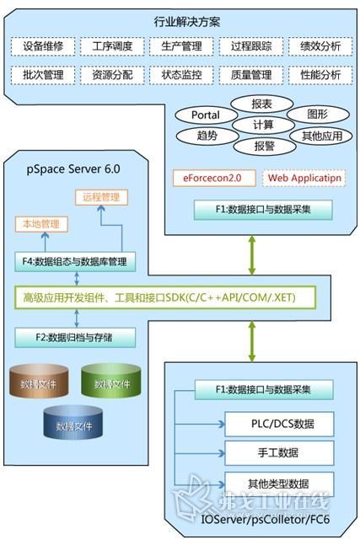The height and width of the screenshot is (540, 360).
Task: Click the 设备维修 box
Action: click(x=42, y=46)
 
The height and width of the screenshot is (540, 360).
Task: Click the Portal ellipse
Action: click(x=205, y=114)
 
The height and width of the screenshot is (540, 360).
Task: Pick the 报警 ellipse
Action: click(x=263, y=144)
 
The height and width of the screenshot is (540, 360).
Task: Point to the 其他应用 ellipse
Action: click(x=319, y=135)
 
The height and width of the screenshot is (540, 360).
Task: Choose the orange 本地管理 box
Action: click(x=40, y=226)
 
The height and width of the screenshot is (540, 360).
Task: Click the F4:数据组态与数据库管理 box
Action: click(x=75, y=261)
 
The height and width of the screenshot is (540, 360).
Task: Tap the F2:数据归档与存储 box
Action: click(x=75, y=338)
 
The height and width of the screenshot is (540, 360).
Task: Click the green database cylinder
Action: click(x=110, y=382)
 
